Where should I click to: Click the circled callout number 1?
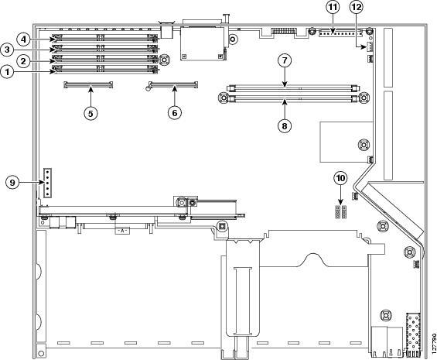pyautogui.click(x=7, y=72)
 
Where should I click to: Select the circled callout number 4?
pyautogui.click(x=23, y=39)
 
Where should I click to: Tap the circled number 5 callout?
pyautogui.click(x=90, y=113)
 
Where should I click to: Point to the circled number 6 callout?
pyautogui.click(x=175, y=113)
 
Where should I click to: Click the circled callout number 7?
pyautogui.click(x=285, y=60)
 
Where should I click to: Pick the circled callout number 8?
pyautogui.click(x=285, y=126)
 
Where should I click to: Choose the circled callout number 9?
pyautogui.click(x=12, y=183)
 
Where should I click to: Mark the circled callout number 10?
pyautogui.click(x=340, y=178)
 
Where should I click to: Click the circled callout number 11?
pyautogui.click(x=333, y=8)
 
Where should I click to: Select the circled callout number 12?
pyautogui.click(x=357, y=8)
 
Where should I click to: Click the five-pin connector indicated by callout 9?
pyautogui.click(x=48, y=183)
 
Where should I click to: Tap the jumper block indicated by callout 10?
pyautogui.click(x=340, y=212)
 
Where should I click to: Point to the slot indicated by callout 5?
pyautogui.click(x=88, y=84)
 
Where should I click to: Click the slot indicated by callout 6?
pyautogui.click(x=173, y=84)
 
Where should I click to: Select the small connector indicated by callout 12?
pyautogui.click(x=370, y=47)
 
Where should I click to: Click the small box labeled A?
pyautogui.click(x=122, y=231)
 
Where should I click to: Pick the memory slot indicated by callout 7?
pyautogui.click(x=292, y=89)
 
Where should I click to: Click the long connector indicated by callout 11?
pyautogui.click(x=340, y=33)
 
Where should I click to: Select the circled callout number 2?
pyautogui.click(x=23, y=61)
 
